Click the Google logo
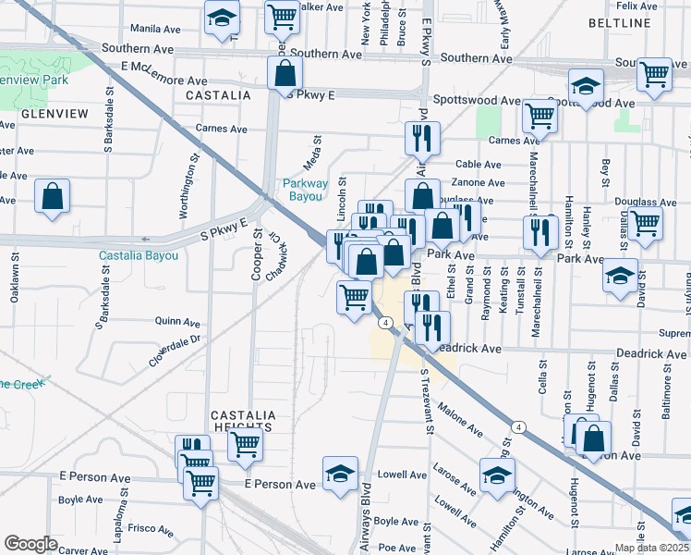point(30,544)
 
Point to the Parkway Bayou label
point(305,190)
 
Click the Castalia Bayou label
point(139,254)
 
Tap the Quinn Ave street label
point(178,323)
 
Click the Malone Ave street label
point(460,418)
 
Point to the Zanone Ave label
point(479,182)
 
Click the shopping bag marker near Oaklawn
point(53,196)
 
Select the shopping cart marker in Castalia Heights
point(245,445)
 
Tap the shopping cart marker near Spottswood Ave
point(539,117)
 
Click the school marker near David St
point(619,275)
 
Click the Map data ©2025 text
point(651,548)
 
